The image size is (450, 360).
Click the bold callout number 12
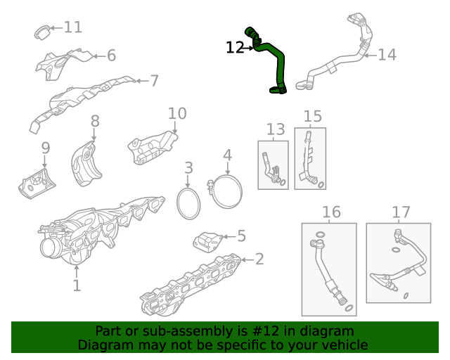pyautogui.click(x=235, y=47)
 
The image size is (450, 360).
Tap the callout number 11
pyautogui.click(x=73, y=27)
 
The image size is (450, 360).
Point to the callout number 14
pyautogui.click(x=387, y=54)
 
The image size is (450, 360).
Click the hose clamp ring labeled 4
pyautogui.click(x=226, y=192)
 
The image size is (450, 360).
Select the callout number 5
pyautogui.click(x=241, y=236)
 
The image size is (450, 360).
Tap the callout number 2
pyautogui.click(x=259, y=259)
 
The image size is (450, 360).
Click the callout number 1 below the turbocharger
pyautogui.click(x=77, y=285)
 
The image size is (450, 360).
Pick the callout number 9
pyautogui.click(x=46, y=148)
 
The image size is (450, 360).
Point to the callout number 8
pyautogui.click(x=95, y=122)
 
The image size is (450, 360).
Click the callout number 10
pyautogui.click(x=177, y=113)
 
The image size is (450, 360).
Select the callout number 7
pyautogui.click(x=154, y=81)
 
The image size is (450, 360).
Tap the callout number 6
pyautogui.click(x=111, y=56)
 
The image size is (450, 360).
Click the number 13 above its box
pyautogui.click(x=276, y=129)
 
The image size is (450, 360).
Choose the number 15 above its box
pyautogui.click(x=312, y=116)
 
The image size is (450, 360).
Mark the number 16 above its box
pyautogui.click(x=330, y=212)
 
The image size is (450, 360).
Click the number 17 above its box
pyautogui.click(x=401, y=212)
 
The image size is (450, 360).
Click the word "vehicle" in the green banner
pyautogui.click(x=342, y=345)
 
